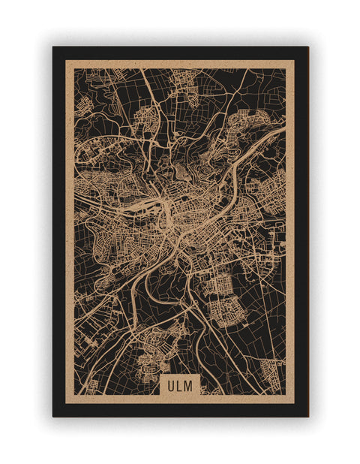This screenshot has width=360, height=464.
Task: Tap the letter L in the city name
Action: pos(179,385)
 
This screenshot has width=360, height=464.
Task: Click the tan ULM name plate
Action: pos(180,385)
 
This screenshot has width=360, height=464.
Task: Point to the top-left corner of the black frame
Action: pos(53,47)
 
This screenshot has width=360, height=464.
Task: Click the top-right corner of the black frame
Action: pos(307,47)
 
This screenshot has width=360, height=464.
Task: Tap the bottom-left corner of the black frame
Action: pos(53,416)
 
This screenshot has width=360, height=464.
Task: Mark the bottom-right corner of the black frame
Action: pos(307,416)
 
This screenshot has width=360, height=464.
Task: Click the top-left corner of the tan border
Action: pos(66,61)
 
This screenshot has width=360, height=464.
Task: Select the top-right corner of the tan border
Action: pos(294,61)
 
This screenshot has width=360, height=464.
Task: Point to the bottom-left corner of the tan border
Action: pos(66,403)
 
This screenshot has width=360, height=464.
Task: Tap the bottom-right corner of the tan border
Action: pos(294,403)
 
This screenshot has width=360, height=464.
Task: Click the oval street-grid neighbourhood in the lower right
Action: pos(226,308)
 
